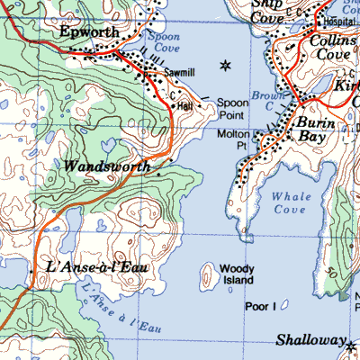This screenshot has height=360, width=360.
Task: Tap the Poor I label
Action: click(260, 307)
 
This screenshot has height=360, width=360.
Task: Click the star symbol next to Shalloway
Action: click(351, 346)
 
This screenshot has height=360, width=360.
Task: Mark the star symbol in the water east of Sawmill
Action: click(225, 65)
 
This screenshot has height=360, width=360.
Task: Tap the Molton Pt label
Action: click(233, 139)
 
